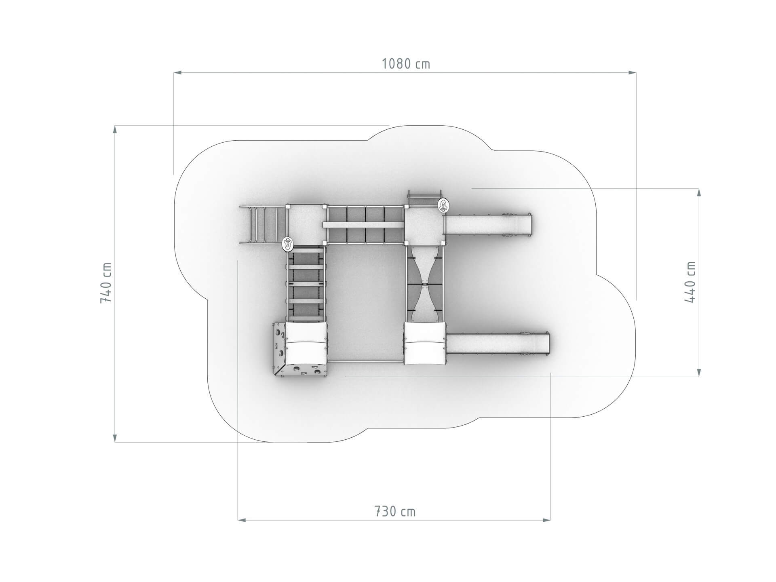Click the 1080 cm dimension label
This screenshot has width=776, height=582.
(406, 64)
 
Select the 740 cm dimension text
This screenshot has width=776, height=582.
(106, 283)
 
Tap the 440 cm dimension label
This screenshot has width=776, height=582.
(690, 282)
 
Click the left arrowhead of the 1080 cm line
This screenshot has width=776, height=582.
(177, 73)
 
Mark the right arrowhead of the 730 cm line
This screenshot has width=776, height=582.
(547, 520)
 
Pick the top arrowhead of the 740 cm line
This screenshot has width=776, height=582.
(115, 129)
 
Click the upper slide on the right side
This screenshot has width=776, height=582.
(488, 225)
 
